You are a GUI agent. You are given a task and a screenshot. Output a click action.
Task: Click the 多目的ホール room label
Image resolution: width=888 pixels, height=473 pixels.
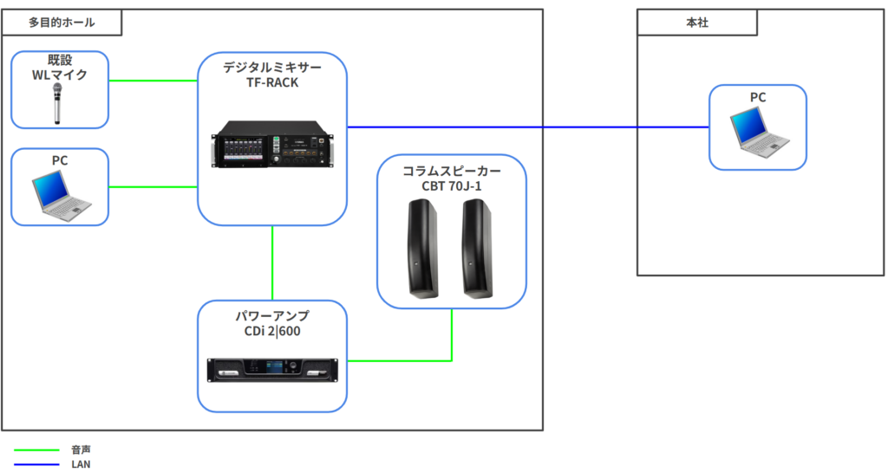pyautogui.click(x=62, y=23)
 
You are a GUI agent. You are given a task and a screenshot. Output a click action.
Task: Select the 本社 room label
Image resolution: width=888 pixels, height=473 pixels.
pyautogui.click(x=697, y=23)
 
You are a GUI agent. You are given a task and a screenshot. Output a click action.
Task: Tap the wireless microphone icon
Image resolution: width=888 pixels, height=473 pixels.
pyautogui.click(x=57, y=103)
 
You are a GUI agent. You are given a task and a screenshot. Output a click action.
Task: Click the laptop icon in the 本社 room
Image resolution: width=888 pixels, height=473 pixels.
pyautogui.click(x=759, y=133)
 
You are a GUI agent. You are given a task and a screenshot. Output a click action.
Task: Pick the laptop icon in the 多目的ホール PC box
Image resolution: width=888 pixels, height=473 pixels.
pyautogui.click(x=62, y=195)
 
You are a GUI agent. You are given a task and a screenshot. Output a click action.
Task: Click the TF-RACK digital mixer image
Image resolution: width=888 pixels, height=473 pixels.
pyautogui.click(x=272, y=144)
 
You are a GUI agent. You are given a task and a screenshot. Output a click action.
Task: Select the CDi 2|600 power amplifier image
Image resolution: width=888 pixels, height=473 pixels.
pyautogui.click(x=272, y=370)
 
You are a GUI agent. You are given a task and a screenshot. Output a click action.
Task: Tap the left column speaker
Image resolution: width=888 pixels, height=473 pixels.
pyautogui.click(x=423, y=249)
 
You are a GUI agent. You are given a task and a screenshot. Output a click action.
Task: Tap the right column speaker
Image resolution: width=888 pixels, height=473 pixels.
pyautogui.click(x=477, y=249)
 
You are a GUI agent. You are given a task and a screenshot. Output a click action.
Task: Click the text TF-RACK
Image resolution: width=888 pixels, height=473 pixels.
pyautogui.click(x=272, y=82)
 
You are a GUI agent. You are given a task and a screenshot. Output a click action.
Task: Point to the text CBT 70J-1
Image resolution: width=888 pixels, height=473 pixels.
pyautogui.click(x=451, y=186)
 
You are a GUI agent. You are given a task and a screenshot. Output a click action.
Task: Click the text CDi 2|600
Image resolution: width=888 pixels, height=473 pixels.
pyautogui.click(x=272, y=331)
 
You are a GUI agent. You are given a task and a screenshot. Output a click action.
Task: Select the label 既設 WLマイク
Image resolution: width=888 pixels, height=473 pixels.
pyautogui.click(x=60, y=68)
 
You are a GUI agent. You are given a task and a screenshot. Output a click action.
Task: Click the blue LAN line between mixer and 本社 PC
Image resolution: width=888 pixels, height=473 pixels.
pyautogui.click(x=528, y=127)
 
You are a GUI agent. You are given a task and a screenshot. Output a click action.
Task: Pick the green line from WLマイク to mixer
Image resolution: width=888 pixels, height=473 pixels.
pyautogui.click(x=153, y=81)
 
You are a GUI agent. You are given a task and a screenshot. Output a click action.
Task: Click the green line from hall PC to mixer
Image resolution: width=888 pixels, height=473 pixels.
pyautogui.click(x=153, y=187)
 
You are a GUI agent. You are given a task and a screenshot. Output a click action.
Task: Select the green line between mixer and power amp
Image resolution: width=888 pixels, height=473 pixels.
pyautogui.click(x=272, y=263)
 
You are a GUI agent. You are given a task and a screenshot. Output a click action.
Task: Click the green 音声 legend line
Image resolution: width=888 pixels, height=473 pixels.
pyautogui.click(x=36, y=450)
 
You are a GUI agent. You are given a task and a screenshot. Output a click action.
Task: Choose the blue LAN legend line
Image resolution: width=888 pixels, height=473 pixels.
pyautogui.click(x=36, y=464)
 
